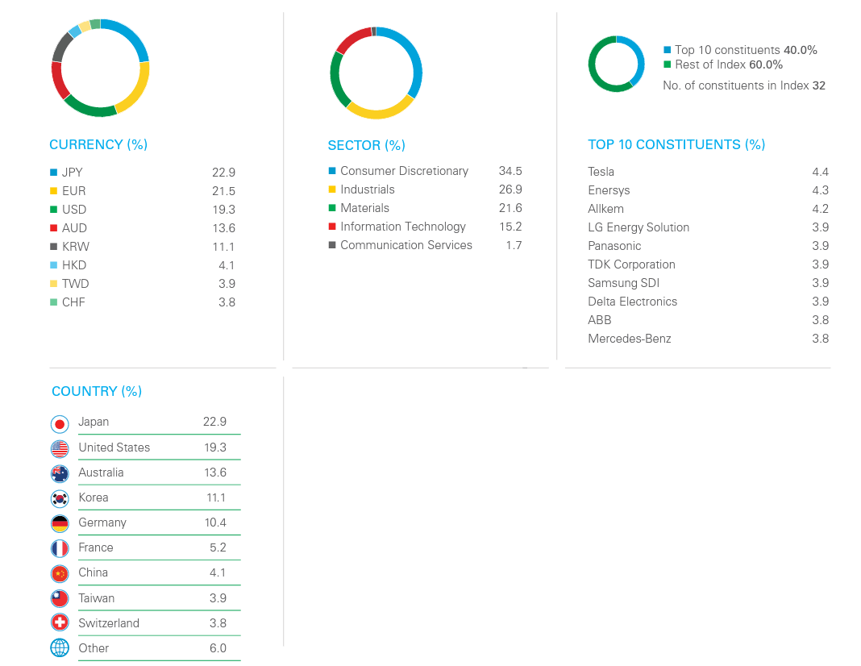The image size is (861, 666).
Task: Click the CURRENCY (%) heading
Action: point(98,145)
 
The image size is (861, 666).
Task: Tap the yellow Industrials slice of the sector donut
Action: point(380,112)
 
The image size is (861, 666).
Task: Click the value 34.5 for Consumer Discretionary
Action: point(510,171)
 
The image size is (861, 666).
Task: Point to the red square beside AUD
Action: point(54,228)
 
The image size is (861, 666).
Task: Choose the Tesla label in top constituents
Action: point(601,172)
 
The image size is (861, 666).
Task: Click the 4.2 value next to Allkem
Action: point(820,209)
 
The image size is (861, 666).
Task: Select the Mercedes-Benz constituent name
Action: point(630,339)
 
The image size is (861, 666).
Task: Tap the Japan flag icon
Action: point(60,423)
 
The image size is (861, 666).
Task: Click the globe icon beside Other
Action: point(60,648)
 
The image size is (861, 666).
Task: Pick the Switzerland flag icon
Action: point(60,623)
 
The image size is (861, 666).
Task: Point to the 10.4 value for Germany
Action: point(215,522)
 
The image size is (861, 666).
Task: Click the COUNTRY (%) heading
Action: point(97,392)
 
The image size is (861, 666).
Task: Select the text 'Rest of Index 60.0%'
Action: point(729,65)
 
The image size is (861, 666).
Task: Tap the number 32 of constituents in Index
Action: point(819,85)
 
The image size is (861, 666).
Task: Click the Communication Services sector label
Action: point(406,245)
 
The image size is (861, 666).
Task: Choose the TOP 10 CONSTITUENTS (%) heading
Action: point(676,145)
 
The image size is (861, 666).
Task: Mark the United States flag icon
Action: point(60,448)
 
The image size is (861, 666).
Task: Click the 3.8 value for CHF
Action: point(227,302)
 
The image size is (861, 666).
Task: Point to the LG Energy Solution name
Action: point(638,227)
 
